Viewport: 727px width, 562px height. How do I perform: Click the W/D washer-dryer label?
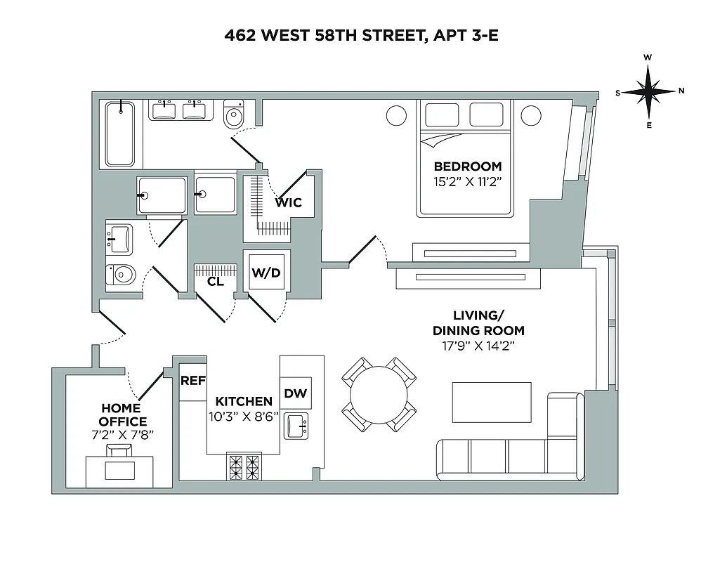(266, 273)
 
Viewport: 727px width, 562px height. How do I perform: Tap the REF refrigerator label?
(193, 381)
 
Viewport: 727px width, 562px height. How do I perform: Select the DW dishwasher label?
(296, 393)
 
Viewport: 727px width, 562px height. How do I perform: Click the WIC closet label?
(289, 202)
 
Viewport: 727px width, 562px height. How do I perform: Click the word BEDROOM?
(468, 166)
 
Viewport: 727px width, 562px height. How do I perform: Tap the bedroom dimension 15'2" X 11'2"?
(468, 181)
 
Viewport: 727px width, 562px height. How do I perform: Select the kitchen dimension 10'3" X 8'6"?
(244, 415)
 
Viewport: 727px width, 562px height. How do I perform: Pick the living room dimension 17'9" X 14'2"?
(478, 345)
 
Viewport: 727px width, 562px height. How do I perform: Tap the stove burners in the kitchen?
(244, 467)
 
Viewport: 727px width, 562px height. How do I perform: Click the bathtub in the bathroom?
(121, 133)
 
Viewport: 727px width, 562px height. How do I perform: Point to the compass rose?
(649, 91)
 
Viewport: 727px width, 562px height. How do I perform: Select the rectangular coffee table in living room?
(492, 402)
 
